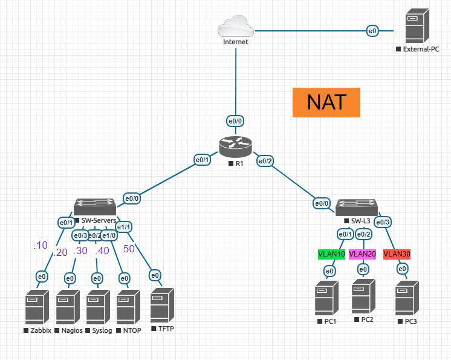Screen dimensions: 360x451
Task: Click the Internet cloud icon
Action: pos(235,28)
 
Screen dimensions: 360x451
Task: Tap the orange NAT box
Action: pos(326,102)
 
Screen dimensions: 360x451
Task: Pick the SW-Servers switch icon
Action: pos(95,206)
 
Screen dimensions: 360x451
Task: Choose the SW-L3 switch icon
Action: pos(357,206)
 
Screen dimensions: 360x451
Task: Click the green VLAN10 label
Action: pos(331,254)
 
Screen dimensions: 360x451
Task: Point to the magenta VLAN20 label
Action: pos(362,254)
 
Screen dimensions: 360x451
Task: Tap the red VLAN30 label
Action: pos(397,254)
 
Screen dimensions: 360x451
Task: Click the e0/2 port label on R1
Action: pos(265,161)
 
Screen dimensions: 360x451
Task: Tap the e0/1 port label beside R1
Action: pos(201,160)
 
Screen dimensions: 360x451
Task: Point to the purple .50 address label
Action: pos(128,249)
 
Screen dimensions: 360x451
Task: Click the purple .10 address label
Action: pos(40,245)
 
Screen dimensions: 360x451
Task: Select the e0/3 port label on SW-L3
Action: pos(383,222)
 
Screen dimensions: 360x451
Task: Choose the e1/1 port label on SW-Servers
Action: pos(124,227)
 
